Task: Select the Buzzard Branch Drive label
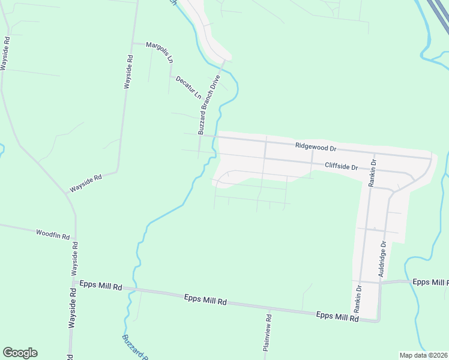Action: click(209, 106)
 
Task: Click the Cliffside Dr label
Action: click(341, 167)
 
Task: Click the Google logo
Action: click(20, 353)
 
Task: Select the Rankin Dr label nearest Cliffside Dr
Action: click(373, 174)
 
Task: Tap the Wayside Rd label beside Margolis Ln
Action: click(128, 72)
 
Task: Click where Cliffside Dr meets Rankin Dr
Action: click(367, 170)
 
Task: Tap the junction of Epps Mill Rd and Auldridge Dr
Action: click(381, 282)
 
